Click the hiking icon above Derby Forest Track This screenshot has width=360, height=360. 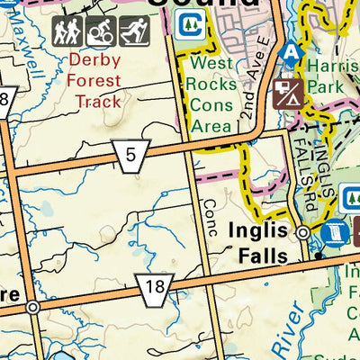tap(68, 33)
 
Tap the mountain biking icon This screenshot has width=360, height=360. tap(101, 33)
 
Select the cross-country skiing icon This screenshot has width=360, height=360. tap(133, 33)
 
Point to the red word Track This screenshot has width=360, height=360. tap(99, 102)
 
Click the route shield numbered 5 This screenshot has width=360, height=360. tap(131, 156)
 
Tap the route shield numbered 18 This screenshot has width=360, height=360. tap(155, 289)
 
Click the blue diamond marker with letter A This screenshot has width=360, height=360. tap(290, 53)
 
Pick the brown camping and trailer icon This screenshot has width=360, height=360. tap(290, 92)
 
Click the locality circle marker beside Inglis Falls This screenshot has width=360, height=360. tap(304, 232)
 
